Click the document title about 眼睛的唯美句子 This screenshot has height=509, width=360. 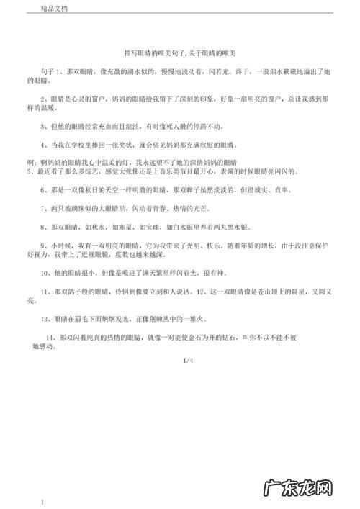click(180, 53)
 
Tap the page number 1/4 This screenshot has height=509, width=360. click(189, 359)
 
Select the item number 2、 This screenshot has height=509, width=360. click(45, 96)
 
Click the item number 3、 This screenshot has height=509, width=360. click(45, 125)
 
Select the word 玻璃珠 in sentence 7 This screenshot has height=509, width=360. click(82, 207)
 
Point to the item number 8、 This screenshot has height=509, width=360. click(45, 227)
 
